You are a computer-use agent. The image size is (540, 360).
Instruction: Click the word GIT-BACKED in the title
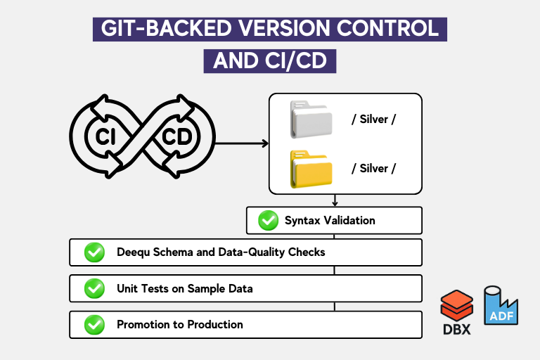[167, 28]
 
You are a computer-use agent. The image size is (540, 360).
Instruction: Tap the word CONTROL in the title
[388, 28]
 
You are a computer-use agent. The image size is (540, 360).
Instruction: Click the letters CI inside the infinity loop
[105, 137]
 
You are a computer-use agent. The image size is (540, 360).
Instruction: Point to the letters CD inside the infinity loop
[177, 137]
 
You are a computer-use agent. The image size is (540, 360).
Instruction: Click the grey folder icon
[311, 120]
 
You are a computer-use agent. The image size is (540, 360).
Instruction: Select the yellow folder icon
[311, 169]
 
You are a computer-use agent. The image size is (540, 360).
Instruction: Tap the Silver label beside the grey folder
[373, 120]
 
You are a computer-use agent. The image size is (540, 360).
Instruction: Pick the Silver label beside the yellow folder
[373, 169]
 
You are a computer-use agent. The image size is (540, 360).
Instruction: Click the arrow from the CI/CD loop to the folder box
[242, 143]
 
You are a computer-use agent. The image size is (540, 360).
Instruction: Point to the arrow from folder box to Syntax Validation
[335, 200]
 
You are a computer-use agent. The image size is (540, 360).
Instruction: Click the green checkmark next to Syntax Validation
[269, 221]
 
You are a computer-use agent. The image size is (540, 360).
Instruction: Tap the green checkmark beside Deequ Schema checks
[94, 252]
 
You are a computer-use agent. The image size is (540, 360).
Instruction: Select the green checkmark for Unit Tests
[94, 289]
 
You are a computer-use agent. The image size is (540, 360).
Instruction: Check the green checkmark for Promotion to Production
[94, 325]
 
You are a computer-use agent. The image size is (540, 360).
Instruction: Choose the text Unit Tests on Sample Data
[185, 289]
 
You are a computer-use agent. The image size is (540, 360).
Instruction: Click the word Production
[215, 325]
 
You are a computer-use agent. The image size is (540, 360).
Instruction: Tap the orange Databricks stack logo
[456, 306]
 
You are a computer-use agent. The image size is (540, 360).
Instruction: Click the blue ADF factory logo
[501, 306]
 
